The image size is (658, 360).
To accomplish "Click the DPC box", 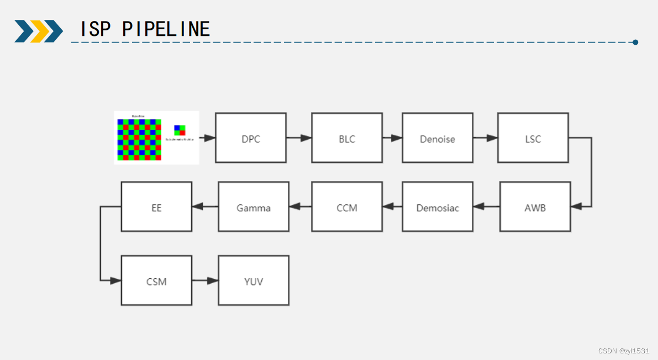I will point(251,138).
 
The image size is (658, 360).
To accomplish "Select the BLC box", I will point(347,138).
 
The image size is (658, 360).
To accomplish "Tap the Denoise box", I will point(438,138).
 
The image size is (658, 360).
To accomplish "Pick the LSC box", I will point(533,138).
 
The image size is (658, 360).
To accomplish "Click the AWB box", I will point(535,207).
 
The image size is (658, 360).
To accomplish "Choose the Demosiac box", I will point(438,207).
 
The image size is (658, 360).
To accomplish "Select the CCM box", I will point(347,207).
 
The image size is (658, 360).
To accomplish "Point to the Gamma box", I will point(254,207).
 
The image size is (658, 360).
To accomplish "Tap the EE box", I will point(156,207).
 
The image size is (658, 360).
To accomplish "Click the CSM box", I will point(156,280).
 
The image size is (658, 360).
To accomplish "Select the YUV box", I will point(254,280).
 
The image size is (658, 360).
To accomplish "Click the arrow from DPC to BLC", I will point(299,138).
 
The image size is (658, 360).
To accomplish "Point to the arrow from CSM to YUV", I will point(205,280).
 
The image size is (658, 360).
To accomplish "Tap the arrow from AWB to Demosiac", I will point(486,207).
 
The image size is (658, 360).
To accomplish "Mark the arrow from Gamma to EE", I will point(205,207).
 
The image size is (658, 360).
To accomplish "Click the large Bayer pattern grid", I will point(139,139).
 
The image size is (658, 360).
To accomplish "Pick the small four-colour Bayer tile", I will point(180,130).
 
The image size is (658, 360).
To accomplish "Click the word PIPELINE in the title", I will point(166,29).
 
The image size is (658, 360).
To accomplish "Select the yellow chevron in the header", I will point(39,31).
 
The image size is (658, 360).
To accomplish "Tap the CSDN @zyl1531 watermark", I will point(624,351).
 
